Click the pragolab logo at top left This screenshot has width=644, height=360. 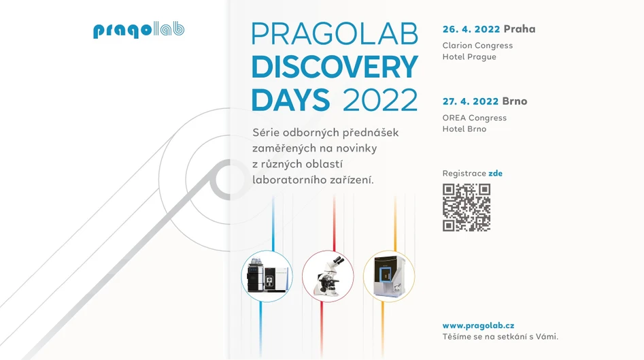tap(139, 31)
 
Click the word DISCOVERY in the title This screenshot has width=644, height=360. tap(334, 67)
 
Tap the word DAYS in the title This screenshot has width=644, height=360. tap(290, 99)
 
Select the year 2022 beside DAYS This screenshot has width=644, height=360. tap(380, 99)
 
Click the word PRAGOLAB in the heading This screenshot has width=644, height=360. tap(334, 34)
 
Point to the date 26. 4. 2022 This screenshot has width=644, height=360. tap(471, 29)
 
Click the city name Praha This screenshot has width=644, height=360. tap(520, 29)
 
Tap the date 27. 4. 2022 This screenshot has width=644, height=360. tap(471, 101)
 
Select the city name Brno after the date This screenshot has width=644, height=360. tap(515, 101)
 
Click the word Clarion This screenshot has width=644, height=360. tap(458, 46)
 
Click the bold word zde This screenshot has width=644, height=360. tap(496, 174)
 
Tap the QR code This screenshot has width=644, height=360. tap(467, 208)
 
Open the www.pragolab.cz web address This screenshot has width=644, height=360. tap(478, 326)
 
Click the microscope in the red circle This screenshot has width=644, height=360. tap(328, 276)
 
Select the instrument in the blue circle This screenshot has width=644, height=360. tap(267, 276)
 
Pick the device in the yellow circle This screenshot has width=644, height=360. tap(388, 276)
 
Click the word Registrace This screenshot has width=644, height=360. tap(464, 174)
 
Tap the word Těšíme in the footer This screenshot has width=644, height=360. tap(458, 336)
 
